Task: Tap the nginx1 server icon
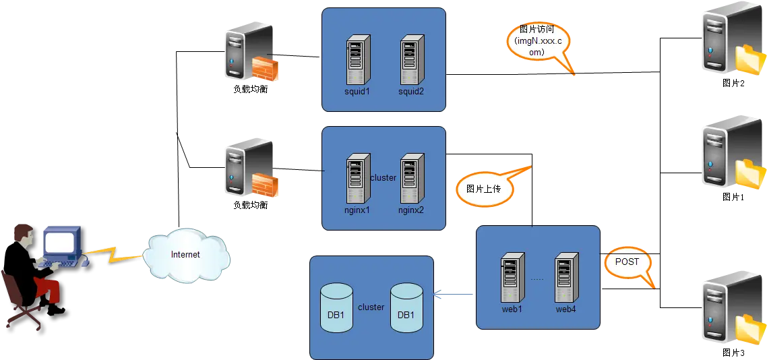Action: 358,179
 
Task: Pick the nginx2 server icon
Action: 412,179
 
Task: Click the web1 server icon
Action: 513,277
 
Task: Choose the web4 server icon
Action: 567,277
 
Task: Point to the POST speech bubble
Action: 627,263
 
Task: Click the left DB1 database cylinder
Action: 336,308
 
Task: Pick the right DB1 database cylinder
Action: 406,308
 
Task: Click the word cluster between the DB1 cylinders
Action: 371,307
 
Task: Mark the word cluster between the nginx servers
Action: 383,178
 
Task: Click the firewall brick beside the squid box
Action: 265,68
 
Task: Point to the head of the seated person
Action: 24,234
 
